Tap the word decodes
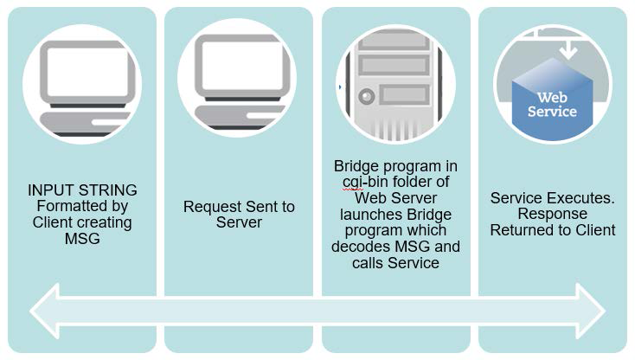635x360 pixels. [362, 247]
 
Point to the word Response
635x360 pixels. [552, 214]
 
